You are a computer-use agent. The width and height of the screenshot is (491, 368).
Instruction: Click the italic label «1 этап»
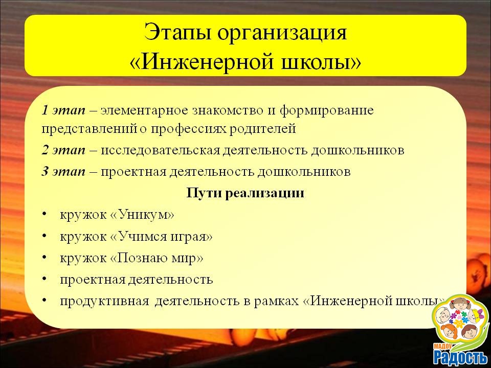coord(63,110)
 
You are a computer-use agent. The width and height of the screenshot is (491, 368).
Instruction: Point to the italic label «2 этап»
coord(63,150)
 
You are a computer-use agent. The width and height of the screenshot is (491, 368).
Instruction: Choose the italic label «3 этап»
coord(63,172)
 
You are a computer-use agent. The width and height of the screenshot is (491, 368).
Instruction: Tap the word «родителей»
coord(262,129)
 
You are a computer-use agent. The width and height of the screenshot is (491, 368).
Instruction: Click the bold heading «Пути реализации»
coord(245,193)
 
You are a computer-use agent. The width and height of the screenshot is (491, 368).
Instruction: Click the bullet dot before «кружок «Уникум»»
coord(44,215)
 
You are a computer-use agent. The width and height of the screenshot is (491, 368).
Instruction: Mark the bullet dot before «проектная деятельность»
coord(44,279)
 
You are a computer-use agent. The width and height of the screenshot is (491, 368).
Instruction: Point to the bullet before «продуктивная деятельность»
coord(44,301)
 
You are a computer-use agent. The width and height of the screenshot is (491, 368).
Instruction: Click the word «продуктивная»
coord(104,302)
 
